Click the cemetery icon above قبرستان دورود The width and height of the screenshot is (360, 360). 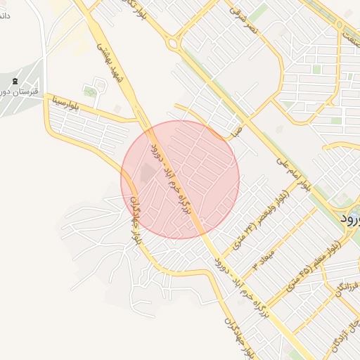[x=15, y=82]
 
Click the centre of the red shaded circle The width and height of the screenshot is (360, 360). [x=180, y=179]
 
